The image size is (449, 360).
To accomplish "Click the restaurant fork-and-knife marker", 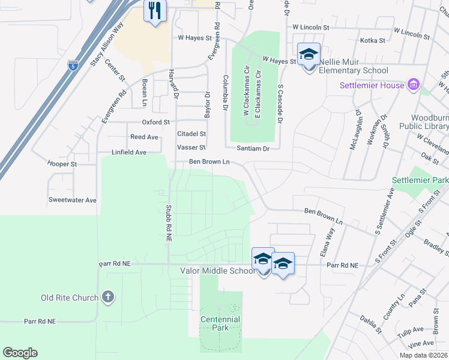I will click(x=155, y=11).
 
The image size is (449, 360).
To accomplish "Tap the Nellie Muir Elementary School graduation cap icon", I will click(x=309, y=55).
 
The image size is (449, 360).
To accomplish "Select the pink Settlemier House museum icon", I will click(x=413, y=85).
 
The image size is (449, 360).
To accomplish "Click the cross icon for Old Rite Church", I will click(x=107, y=297).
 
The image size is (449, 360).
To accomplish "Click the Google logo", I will click(x=20, y=353).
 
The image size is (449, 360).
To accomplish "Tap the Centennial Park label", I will click(x=220, y=323).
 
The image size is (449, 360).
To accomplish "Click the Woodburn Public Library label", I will click(x=429, y=122).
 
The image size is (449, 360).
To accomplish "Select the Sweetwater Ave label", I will click(x=73, y=200).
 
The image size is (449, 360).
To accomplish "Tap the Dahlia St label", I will click(x=370, y=325).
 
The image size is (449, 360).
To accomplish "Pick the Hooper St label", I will click(x=62, y=164).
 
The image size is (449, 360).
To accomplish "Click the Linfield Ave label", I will click(x=129, y=152).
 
